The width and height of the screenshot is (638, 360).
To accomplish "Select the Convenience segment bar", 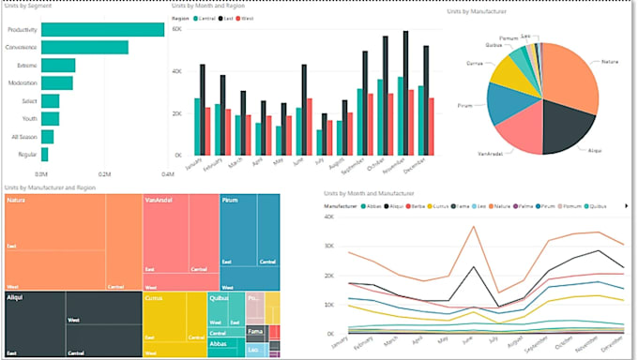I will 85,47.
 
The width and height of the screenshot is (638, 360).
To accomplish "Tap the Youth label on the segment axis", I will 28,119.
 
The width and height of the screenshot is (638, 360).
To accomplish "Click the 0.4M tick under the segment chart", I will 167,174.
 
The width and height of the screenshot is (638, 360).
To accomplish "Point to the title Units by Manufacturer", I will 478,11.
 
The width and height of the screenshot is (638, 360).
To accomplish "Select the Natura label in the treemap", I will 16,200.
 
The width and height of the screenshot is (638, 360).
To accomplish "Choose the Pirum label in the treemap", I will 231,200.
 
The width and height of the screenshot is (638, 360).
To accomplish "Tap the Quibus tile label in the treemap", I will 218,298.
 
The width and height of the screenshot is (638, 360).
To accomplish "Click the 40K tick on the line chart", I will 330,217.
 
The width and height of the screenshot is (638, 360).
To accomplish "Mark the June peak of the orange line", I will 473,226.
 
